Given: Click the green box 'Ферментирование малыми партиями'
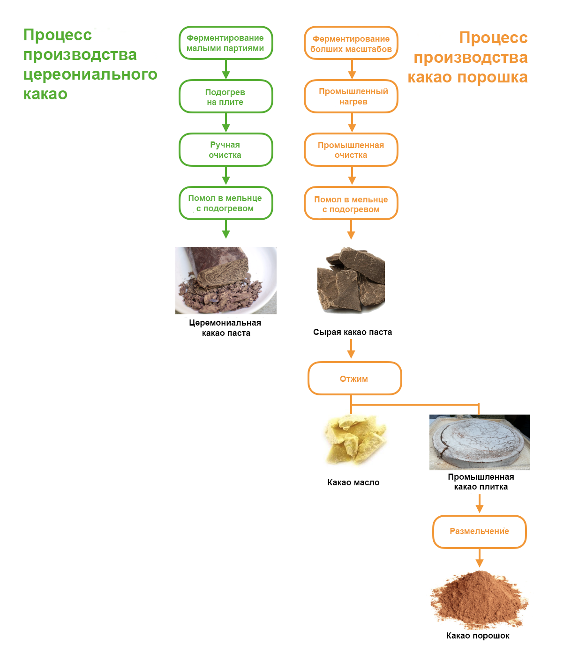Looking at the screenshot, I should [x=225, y=43].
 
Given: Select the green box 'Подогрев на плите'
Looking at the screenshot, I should [x=225, y=96].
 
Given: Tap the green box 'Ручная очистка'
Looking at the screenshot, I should [x=225, y=150].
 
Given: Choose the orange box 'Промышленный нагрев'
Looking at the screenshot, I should [x=351, y=96].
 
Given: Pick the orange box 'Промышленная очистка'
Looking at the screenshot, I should [x=351, y=150].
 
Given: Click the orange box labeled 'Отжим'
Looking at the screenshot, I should [x=354, y=378].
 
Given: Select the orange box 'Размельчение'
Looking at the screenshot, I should [x=479, y=532].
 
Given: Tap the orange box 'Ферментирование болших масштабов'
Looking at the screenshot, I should [x=351, y=44].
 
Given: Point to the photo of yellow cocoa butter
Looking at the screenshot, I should [x=355, y=440].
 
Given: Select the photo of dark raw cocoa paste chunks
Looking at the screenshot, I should [x=351, y=280].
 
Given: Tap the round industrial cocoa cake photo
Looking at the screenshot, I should [x=479, y=442].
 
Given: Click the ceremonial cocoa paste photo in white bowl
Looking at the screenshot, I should [x=225, y=280].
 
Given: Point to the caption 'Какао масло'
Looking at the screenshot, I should [x=353, y=482].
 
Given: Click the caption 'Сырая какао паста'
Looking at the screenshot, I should [x=353, y=332].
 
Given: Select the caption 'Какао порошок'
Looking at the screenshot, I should [x=478, y=636].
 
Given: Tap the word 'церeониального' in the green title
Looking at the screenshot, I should [x=90, y=74].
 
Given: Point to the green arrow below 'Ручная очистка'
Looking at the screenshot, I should [x=226, y=177].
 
